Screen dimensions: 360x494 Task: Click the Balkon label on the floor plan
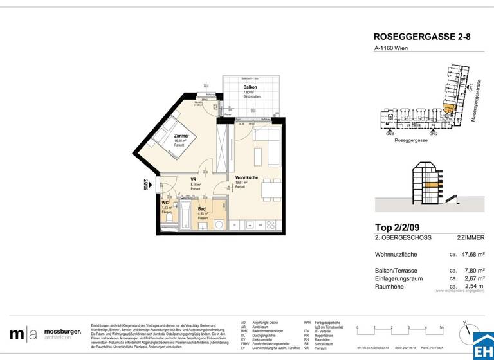tap(250, 87)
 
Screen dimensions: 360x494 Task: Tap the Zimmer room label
tap(181, 136)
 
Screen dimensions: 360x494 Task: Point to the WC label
tap(165, 203)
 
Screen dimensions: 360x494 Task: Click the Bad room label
tap(202, 210)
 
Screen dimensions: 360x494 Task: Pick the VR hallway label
tap(194, 180)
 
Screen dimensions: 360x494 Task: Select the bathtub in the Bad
tap(186, 217)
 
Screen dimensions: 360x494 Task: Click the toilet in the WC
tap(168, 219)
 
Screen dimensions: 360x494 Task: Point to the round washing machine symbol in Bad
tap(219, 225)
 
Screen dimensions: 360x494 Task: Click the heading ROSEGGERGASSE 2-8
tap(421, 37)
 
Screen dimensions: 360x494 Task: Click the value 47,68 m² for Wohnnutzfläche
tap(471, 254)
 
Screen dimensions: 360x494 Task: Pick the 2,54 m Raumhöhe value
tap(472, 285)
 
